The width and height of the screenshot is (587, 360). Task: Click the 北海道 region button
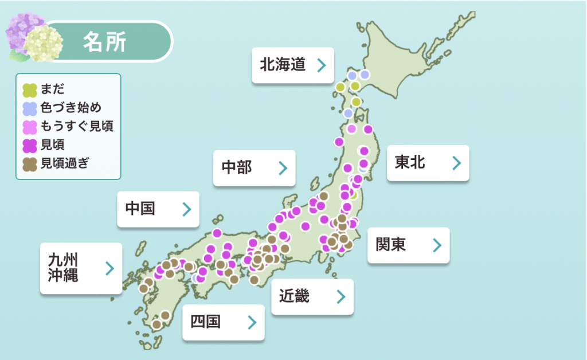click(x=292, y=65)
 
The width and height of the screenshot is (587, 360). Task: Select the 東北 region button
click(x=428, y=163)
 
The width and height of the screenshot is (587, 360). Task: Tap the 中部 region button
click(x=254, y=168)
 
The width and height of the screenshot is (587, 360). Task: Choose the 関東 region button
click(x=408, y=245)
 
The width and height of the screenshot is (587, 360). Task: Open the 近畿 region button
click(x=312, y=296)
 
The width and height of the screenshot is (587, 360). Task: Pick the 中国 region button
click(x=158, y=209)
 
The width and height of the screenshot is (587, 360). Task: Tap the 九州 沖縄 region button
click(x=81, y=268)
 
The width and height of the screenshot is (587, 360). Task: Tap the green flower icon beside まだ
click(x=29, y=89)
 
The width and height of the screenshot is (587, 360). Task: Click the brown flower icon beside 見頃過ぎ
click(x=29, y=163)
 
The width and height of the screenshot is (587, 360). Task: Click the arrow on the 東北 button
click(x=456, y=163)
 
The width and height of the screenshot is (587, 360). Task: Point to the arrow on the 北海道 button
click(x=322, y=65)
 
